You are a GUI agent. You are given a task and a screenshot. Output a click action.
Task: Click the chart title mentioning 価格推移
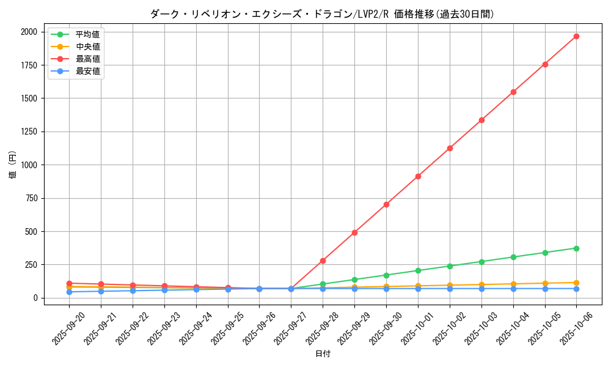click(x=322, y=14)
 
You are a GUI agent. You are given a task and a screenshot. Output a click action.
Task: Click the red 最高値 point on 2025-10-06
click(x=576, y=36)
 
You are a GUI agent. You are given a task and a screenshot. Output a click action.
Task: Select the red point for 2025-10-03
click(x=481, y=120)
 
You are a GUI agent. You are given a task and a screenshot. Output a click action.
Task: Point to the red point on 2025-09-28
click(x=323, y=261)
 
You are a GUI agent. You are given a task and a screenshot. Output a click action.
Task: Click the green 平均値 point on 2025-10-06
click(x=576, y=248)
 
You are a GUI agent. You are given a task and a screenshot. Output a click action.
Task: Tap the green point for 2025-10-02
click(x=450, y=266)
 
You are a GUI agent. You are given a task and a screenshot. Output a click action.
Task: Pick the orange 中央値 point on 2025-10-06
click(x=576, y=283)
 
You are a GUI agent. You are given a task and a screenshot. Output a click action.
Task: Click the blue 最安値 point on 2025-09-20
click(x=69, y=292)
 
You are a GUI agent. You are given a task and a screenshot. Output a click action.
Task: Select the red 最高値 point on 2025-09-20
click(x=69, y=283)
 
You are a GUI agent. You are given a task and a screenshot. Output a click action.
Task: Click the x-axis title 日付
click(x=323, y=354)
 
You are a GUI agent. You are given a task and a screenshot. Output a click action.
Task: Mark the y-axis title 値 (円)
click(x=13, y=165)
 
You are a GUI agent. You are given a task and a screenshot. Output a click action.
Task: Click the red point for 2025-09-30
click(x=386, y=204)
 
